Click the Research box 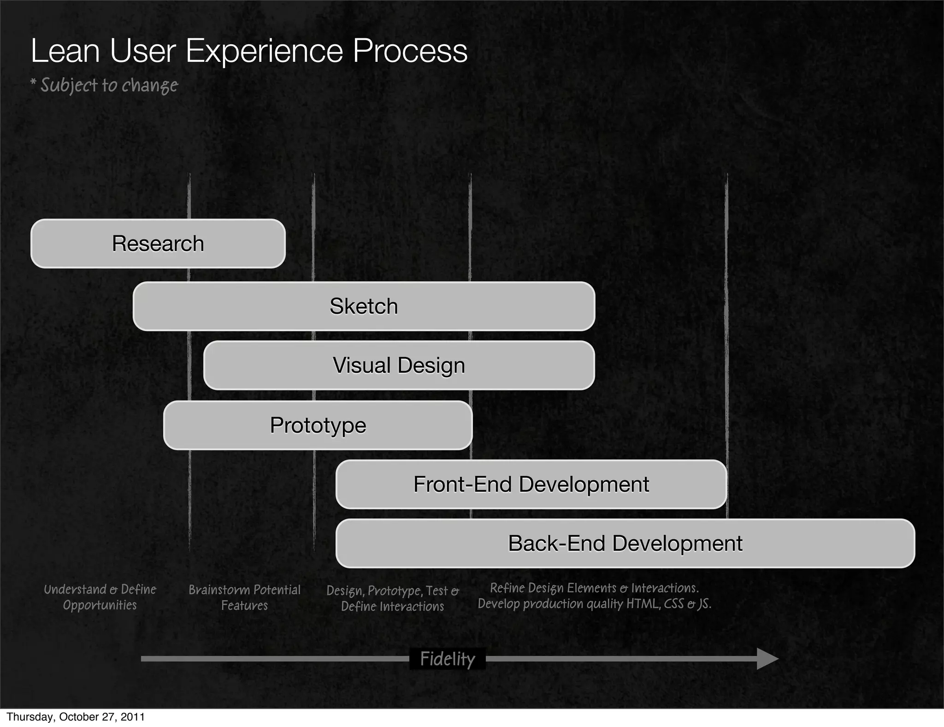(x=158, y=244)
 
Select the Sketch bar (x=364, y=306)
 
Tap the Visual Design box (x=399, y=365)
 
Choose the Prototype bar (x=318, y=425)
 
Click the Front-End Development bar (x=531, y=484)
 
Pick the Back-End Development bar (x=625, y=543)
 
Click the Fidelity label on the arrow (x=447, y=659)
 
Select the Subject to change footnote (x=104, y=85)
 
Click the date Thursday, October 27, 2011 (x=76, y=717)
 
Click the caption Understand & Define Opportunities (x=100, y=597)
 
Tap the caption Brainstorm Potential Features (x=244, y=597)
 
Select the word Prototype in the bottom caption (x=395, y=591)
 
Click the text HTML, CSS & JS (x=668, y=604)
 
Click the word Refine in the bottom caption (x=507, y=588)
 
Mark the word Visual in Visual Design (x=362, y=365)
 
